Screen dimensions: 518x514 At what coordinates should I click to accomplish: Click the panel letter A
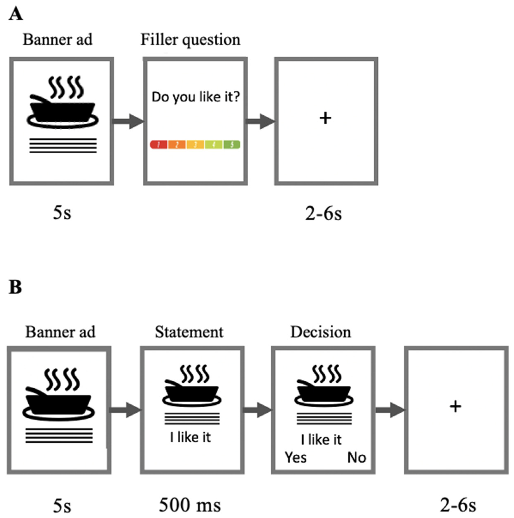(x=16, y=14)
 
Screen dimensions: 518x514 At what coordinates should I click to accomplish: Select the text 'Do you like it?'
(x=195, y=97)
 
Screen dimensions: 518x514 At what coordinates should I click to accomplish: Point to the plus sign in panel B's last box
(x=455, y=407)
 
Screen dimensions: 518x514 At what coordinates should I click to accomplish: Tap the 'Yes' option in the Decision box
(x=296, y=457)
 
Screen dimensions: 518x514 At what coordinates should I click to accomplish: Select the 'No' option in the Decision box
(x=356, y=457)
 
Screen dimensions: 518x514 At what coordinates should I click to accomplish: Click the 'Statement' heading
(x=189, y=332)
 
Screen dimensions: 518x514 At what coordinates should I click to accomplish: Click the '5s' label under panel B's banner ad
(x=62, y=506)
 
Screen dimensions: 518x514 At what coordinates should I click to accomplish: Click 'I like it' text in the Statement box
(x=190, y=437)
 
